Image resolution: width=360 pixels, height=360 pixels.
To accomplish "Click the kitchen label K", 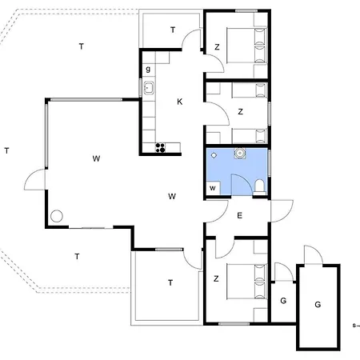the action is (180, 102).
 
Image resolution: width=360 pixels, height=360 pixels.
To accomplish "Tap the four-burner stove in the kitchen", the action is (160, 147).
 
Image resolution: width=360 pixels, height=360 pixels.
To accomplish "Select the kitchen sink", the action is (149, 88).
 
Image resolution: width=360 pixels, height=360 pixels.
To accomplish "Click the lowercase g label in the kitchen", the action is (148, 70).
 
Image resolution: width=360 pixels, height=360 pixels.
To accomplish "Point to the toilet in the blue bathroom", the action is (259, 186).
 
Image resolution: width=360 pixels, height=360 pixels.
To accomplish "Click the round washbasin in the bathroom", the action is (240, 154).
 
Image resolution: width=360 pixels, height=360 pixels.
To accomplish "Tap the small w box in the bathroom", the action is (213, 188).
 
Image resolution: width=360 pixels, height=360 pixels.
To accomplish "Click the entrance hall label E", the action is (240, 215).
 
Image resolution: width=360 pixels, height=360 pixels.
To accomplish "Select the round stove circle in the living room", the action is (57, 216).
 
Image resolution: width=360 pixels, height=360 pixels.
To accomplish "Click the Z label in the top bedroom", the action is (217, 47).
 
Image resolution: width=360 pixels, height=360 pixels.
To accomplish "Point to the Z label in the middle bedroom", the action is (240, 112).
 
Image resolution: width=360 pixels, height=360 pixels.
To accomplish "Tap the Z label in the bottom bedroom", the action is (216, 279).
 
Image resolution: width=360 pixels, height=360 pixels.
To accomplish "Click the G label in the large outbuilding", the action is (318, 305).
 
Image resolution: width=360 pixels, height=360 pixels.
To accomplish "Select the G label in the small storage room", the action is (283, 301).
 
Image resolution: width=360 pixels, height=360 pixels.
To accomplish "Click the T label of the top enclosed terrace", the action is (173, 30).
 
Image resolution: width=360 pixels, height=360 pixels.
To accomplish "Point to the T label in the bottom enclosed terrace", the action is (170, 282).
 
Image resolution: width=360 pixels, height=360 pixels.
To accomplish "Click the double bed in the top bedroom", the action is (246, 45).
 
